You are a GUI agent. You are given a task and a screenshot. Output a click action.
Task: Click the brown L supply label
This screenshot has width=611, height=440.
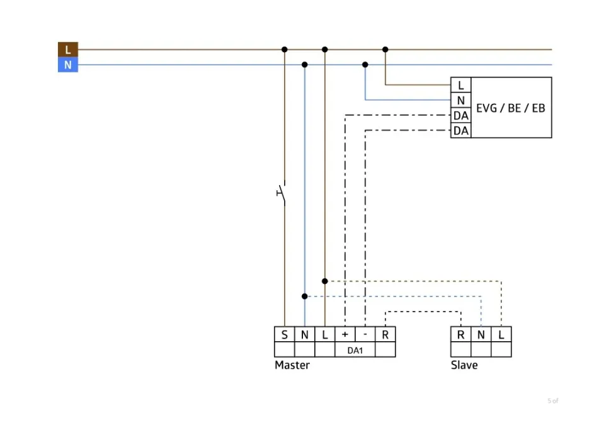click(68, 50)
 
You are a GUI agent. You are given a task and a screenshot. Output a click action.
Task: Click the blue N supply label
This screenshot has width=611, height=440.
click(68, 65)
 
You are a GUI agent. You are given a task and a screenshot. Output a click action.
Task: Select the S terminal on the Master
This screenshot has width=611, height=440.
click(285, 335)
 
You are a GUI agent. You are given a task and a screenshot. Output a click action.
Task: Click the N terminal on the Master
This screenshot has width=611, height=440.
click(305, 335)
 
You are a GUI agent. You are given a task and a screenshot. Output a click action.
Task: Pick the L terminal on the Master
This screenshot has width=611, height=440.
click(325, 335)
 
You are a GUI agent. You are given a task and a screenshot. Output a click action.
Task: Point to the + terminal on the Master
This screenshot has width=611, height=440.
click(345, 335)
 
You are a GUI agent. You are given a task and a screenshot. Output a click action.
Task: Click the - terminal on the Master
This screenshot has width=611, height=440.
click(365, 335)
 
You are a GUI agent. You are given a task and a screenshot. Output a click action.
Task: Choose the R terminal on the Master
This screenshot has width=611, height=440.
click(385, 335)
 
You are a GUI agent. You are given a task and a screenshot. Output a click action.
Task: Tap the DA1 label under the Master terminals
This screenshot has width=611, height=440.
click(355, 350)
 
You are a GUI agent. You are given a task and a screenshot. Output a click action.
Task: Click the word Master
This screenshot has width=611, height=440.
click(292, 365)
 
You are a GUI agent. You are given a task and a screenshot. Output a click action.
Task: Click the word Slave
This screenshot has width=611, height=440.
click(464, 365)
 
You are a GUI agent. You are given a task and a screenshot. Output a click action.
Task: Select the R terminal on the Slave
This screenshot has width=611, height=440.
click(461, 335)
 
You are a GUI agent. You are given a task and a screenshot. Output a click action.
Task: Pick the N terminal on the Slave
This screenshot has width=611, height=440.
click(481, 335)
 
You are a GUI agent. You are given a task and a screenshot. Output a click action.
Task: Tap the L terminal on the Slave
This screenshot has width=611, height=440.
click(501, 335)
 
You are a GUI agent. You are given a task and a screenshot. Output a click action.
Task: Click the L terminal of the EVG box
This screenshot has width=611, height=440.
click(461, 86)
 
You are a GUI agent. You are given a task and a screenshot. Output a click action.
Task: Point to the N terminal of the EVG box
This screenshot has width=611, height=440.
click(461, 101)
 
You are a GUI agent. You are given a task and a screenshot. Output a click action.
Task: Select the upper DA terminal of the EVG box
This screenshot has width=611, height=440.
click(461, 116)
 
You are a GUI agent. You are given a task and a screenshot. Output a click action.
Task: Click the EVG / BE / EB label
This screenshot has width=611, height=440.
click(511, 108)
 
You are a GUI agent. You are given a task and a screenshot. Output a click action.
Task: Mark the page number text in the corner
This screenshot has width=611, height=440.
click(553, 401)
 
